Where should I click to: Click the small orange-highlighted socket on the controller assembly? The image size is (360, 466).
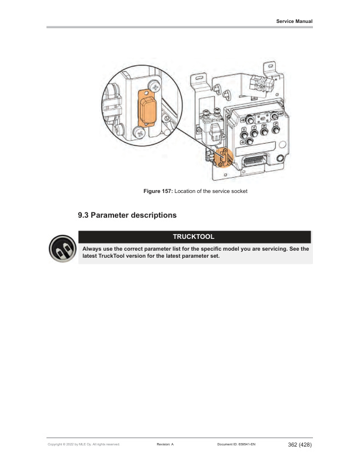(x=224, y=158)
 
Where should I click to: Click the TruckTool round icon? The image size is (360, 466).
(x=62, y=248)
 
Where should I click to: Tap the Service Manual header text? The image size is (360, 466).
(x=294, y=21)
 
